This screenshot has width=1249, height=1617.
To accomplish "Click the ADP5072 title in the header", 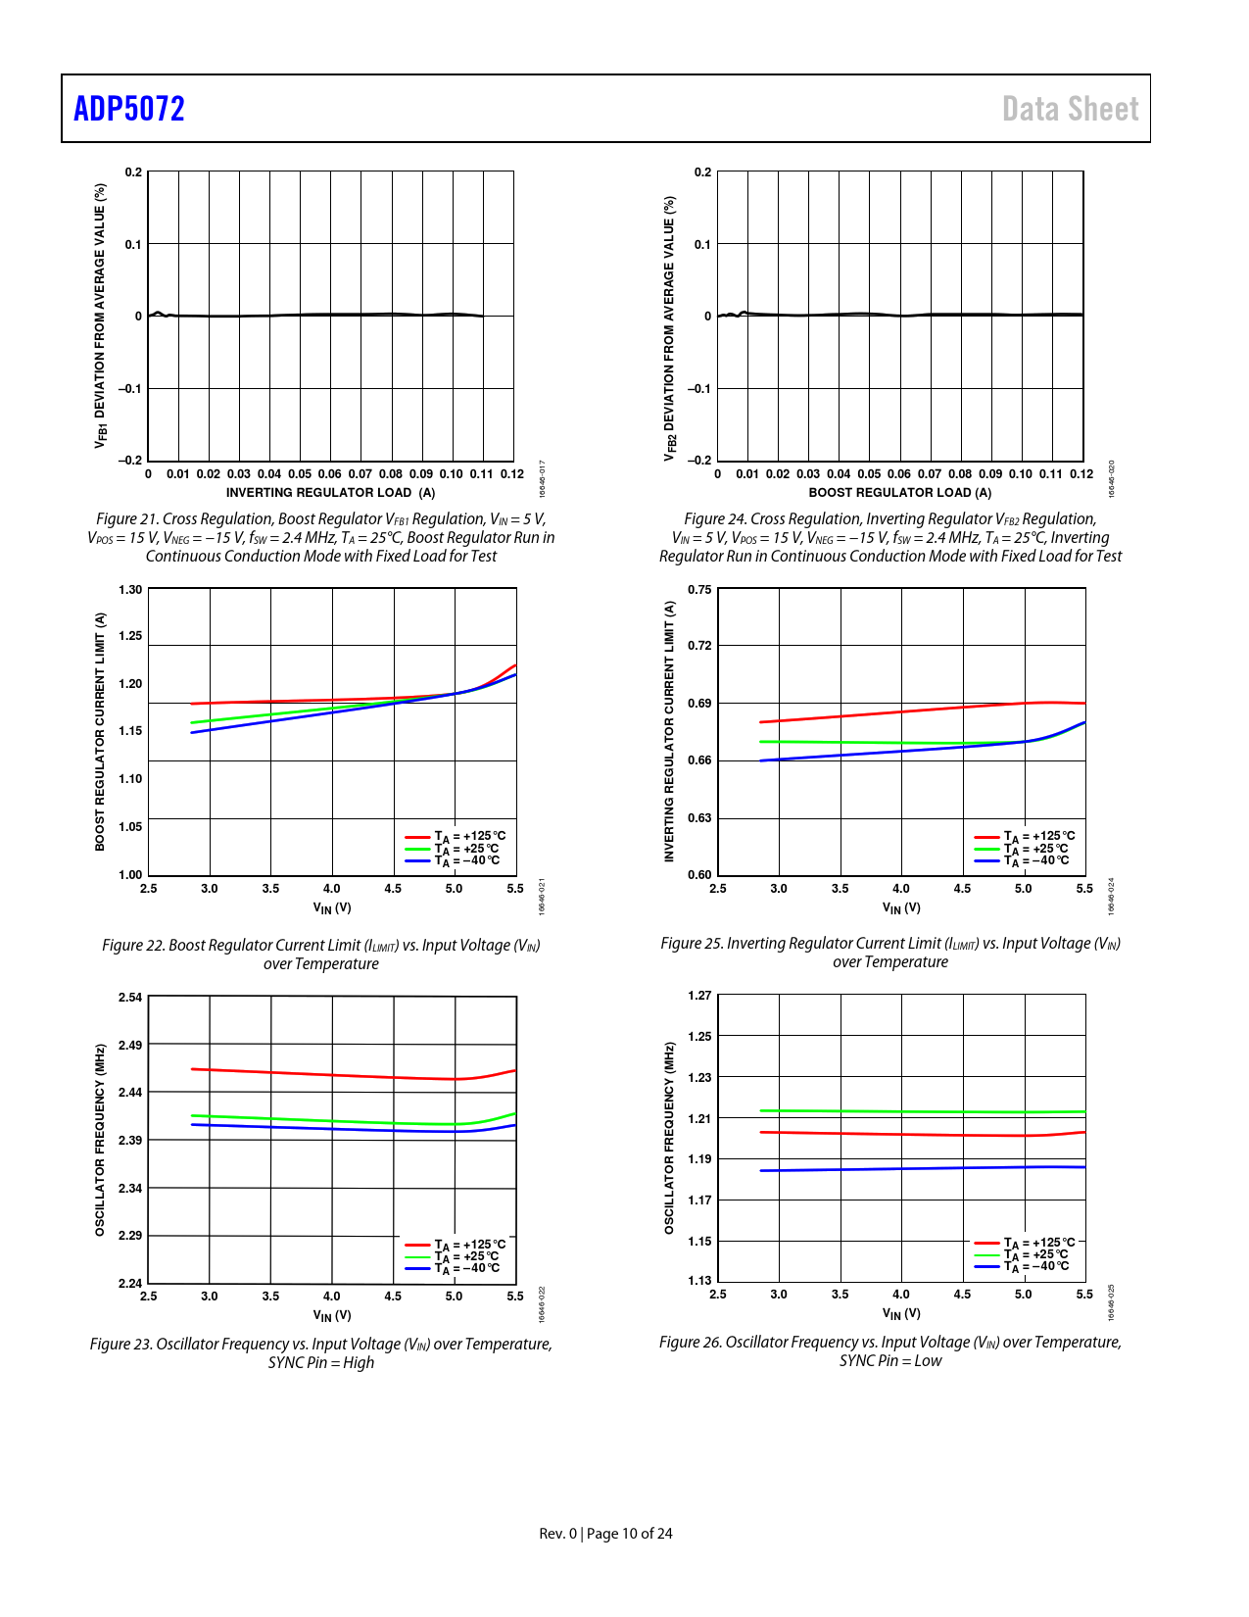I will coord(129,109).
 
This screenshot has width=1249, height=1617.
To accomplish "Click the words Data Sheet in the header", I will coord(1070,109).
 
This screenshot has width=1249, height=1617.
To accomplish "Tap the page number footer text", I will coord(605,1533).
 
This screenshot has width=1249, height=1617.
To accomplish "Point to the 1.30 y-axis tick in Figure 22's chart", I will coord(130,590).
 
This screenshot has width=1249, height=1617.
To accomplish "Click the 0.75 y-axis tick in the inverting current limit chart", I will coord(699,590).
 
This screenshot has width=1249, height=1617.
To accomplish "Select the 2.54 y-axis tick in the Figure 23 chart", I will coord(130,998).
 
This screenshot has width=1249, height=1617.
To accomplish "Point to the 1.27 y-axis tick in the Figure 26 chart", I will coord(699,996).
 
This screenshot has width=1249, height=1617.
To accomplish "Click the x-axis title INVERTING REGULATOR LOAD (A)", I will coord(330,493).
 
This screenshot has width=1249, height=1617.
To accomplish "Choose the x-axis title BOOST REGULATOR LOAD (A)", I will coord(899,493).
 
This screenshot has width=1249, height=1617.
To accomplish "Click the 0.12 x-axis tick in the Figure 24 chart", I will coord(1081,474).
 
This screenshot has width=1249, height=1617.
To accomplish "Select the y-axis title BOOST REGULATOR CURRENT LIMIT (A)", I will coord(100,731).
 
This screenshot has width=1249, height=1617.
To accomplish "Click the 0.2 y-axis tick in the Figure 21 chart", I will coord(133,172).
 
